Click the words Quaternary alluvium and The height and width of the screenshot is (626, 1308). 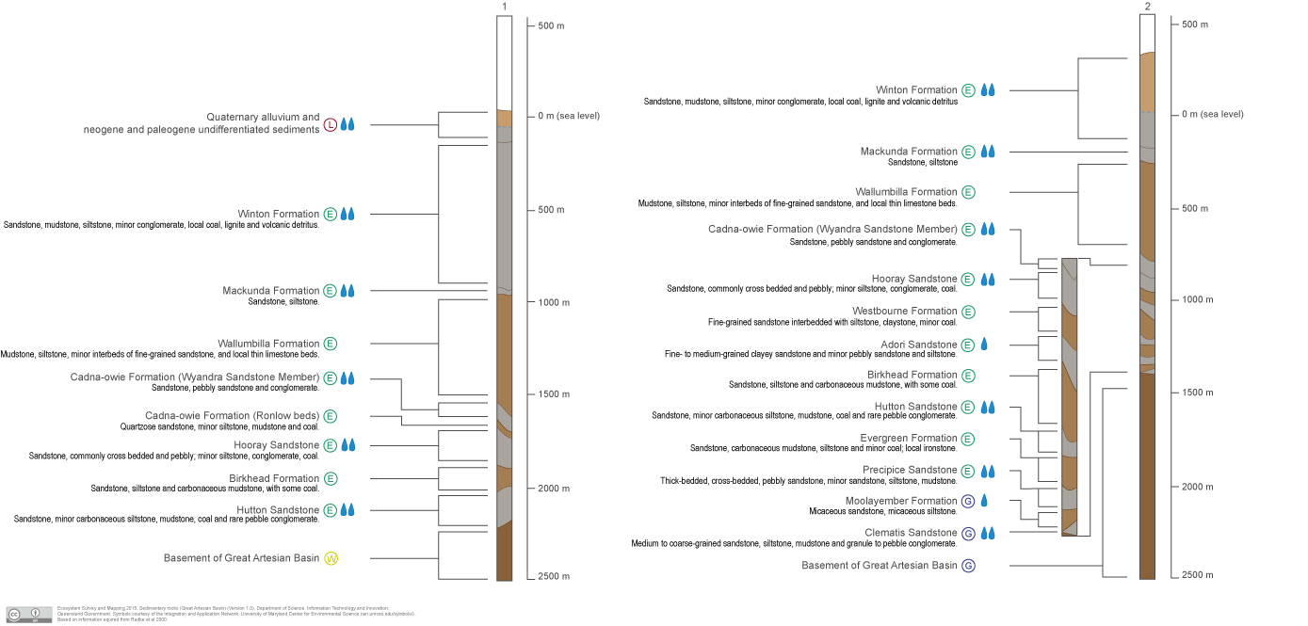[x=263, y=117]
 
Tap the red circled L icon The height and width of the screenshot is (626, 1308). [x=331, y=124]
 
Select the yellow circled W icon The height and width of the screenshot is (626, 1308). [x=331, y=558]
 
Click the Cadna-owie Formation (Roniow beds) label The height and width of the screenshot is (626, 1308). [x=232, y=416]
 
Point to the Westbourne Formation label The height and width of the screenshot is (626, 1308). [x=904, y=312]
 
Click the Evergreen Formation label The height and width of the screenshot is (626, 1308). [x=908, y=439]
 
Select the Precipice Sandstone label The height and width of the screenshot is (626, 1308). [x=910, y=470]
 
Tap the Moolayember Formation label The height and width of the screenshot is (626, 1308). [x=900, y=501]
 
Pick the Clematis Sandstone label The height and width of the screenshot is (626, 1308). [x=911, y=533]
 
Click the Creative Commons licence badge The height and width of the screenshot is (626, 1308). [x=29, y=614]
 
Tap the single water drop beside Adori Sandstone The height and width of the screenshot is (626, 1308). [x=984, y=345]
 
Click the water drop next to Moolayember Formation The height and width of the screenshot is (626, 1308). [x=984, y=501]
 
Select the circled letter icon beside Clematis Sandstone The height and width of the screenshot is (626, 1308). [x=968, y=534]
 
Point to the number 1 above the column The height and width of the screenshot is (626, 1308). [x=505, y=8]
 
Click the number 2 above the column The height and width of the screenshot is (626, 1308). [x=1147, y=7]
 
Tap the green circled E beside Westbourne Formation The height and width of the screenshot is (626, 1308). [x=968, y=312]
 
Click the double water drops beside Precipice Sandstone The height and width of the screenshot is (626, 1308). [x=988, y=471]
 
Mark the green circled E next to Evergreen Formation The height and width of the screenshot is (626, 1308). [x=968, y=439]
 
